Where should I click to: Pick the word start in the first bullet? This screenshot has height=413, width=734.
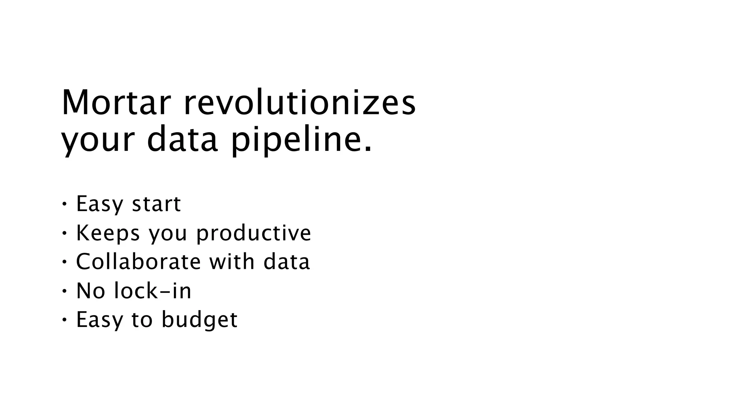(x=156, y=204)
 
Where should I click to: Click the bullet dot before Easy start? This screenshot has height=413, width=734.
(x=64, y=204)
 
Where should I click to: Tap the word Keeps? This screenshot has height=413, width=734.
(x=108, y=233)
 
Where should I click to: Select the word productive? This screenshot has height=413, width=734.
(x=254, y=233)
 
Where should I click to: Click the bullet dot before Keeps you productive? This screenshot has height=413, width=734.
(x=64, y=233)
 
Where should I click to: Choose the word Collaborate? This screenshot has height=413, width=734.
(x=138, y=261)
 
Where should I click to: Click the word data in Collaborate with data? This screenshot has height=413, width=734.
(x=286, y=261)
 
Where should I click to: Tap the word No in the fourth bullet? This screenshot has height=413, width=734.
(x=91, y=290)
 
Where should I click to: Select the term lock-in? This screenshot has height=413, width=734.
(x=153, y=290)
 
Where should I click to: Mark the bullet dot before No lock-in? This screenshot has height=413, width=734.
(x=64, y=291)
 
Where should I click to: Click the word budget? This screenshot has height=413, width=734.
(x=199, y=320)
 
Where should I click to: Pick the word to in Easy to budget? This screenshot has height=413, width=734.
(x=142, y=320)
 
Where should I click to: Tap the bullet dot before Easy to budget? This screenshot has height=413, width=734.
(x=64, y=319)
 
